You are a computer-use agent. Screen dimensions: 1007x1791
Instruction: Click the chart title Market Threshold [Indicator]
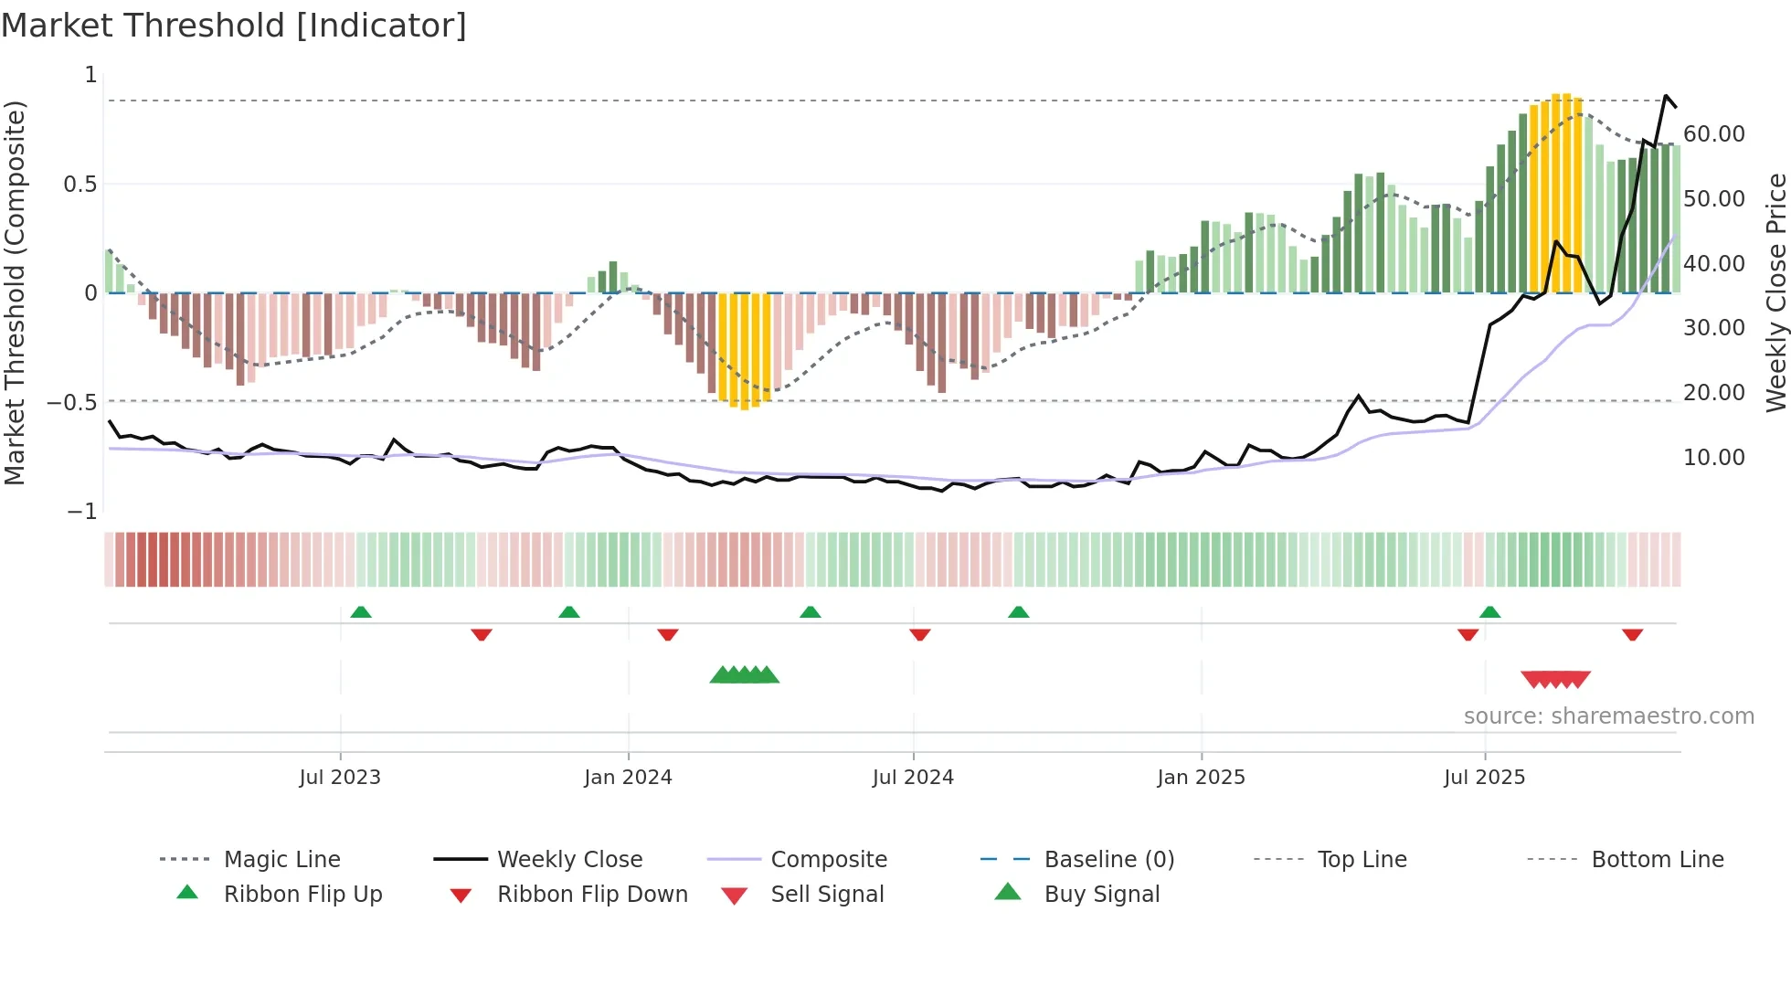[234, 26]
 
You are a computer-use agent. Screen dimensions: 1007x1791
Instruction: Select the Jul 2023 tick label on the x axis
[339, 778]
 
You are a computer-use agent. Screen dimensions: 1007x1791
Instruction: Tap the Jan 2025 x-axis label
[1201, 778]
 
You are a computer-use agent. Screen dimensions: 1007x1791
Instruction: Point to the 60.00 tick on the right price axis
[1713, 134]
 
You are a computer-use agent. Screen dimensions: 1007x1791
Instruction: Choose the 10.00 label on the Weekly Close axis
[1713, 458]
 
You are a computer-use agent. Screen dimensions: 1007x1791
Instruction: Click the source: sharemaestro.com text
[1608, 716]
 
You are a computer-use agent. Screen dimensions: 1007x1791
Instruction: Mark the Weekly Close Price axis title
[1775, 292]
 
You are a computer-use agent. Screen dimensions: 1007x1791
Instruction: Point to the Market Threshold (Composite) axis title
[15, 292]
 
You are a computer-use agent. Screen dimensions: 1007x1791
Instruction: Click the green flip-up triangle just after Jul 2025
[1489, 612]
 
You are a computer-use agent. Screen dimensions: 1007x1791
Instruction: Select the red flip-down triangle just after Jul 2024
[920, 634]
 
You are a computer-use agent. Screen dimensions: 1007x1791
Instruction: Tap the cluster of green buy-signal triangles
[745, 675]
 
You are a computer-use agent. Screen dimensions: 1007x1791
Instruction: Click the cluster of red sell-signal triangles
[1555, 679]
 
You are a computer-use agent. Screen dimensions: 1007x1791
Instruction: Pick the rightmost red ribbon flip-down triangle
[1632, 634]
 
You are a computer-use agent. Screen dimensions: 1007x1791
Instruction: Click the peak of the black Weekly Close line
[1666, 96]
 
